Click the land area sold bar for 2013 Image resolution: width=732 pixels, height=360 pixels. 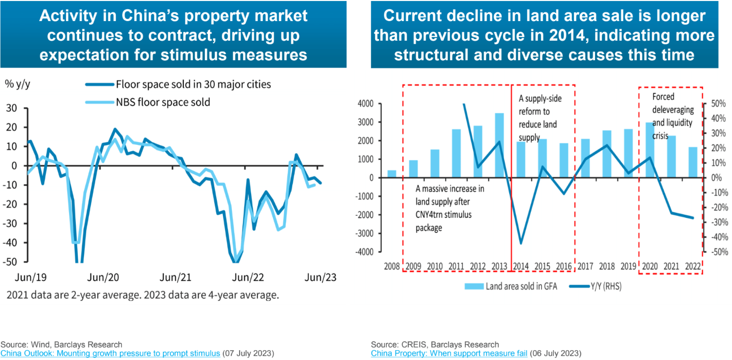[x=499, y=145]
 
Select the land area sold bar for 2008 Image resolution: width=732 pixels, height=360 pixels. [x=392, y=174]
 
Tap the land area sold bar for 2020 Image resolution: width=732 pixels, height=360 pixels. [x=650, y=150]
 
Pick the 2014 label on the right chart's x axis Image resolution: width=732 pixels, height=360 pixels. [x=521, y=266]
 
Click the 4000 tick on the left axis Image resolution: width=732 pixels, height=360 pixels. [x=366, y=104]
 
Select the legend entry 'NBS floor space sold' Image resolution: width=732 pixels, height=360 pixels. [x=163, y=102]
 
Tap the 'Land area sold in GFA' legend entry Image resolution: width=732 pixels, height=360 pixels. [x=510, y=286]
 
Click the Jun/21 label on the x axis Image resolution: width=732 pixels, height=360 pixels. [x=177, y=277]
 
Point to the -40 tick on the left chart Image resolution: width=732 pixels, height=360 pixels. [x=11, y=243]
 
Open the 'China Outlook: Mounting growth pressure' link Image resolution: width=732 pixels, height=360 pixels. [x=110, y=353]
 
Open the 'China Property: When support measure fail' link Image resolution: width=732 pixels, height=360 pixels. [x=449, y=353]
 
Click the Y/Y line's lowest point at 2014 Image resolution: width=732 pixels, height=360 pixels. [x=521, y=243]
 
